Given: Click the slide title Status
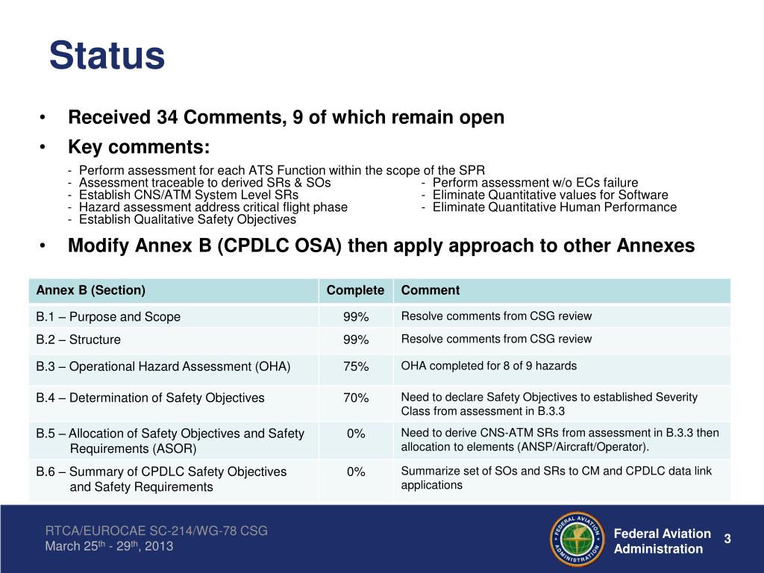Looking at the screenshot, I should tap(107, 56).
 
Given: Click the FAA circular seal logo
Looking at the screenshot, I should tap(577, 539).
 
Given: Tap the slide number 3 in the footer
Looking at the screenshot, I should tap(727, 539).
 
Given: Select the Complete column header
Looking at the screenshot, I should tap(355, 290).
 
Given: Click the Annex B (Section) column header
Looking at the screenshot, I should tap(91, 290).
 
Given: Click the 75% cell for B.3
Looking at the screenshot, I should tap(356, 366).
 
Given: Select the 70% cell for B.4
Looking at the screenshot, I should tap(356, 398).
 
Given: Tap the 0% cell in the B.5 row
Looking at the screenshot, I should tap(356, 433).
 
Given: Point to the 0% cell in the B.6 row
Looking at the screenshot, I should tap(356, 472).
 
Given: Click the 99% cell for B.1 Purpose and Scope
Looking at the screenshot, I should tap(356, 317).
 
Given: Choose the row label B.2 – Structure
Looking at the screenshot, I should tap(78, 339).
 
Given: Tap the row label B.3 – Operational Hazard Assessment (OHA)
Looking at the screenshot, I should tap(163, 366).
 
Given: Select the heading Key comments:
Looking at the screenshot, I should tap(139, 145).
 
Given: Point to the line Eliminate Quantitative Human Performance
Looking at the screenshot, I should tap(554, 207).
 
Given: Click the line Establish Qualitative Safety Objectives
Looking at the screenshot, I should tap(187, 219).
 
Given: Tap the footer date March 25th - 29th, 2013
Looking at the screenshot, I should tap(109, 546).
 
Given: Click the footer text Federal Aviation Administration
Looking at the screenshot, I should tap(662, 541).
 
